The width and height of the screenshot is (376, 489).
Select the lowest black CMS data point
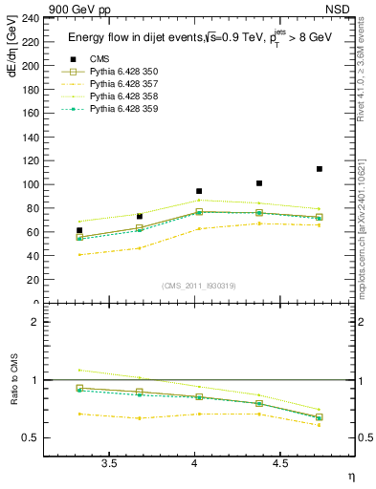pyautogui.click(x=79, y=230)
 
